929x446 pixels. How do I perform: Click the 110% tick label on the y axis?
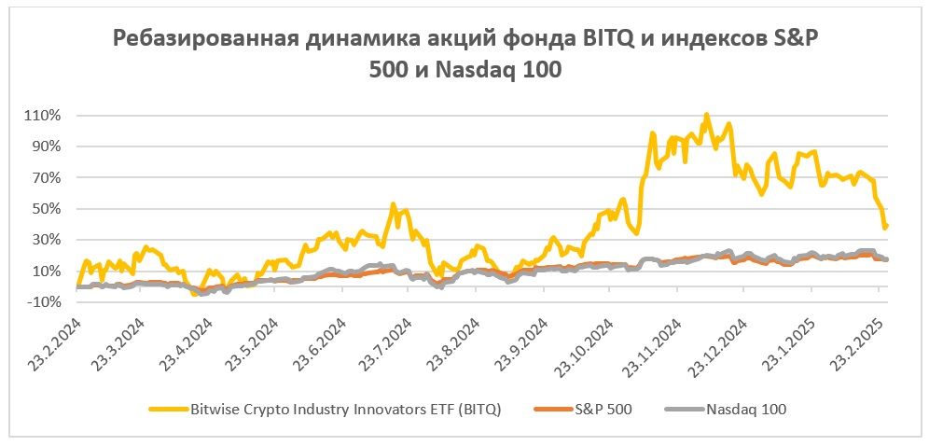tap(42, 116)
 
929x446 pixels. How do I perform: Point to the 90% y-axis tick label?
tap(46, 146)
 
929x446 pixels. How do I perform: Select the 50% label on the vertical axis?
tap(46, 209)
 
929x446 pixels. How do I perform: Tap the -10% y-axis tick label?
tap(44, 302)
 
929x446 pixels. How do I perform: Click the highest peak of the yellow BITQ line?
tap(706, 115)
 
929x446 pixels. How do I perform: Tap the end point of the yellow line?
tap(886, 226)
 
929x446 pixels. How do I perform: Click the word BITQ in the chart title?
tap(561, 40)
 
